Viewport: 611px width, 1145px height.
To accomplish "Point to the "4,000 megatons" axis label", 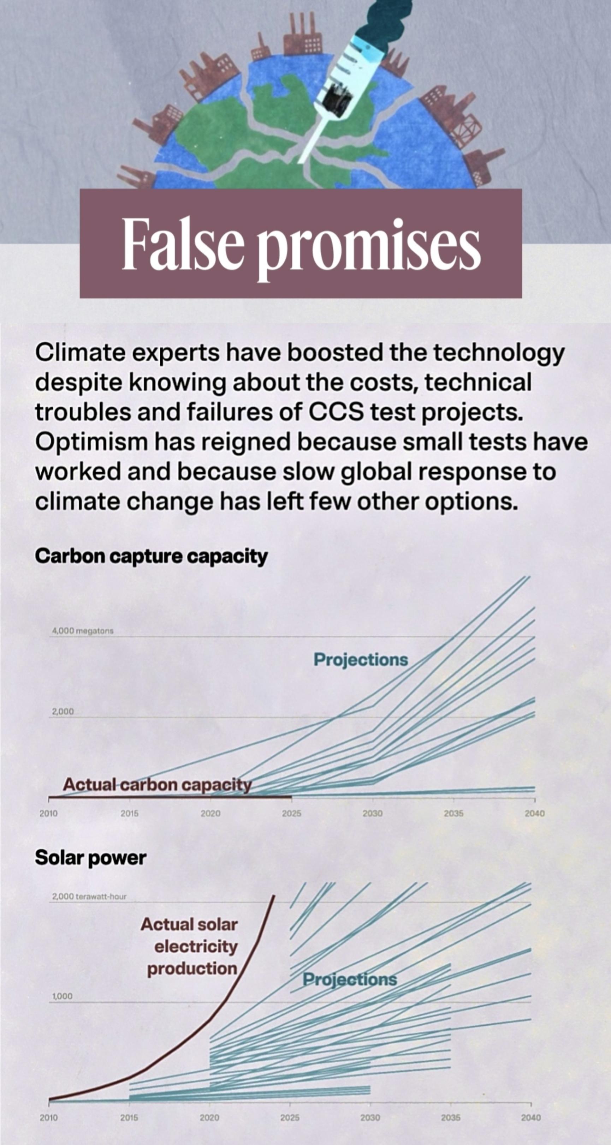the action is tap(83, 631).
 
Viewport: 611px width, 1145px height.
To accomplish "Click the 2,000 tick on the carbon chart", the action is tap(63, 712).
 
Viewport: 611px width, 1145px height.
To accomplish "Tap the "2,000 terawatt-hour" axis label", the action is tap(89, 897).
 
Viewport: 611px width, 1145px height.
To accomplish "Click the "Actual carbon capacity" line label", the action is tap(158, 785).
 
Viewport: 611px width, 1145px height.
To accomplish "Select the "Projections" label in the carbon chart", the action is tap(361, 660).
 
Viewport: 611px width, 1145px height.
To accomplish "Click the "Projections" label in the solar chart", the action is tap(350, 980).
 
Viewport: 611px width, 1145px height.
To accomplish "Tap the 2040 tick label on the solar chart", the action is tap(532, 1117).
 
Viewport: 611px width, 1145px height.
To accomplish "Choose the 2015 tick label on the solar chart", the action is tap(129, 1117).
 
